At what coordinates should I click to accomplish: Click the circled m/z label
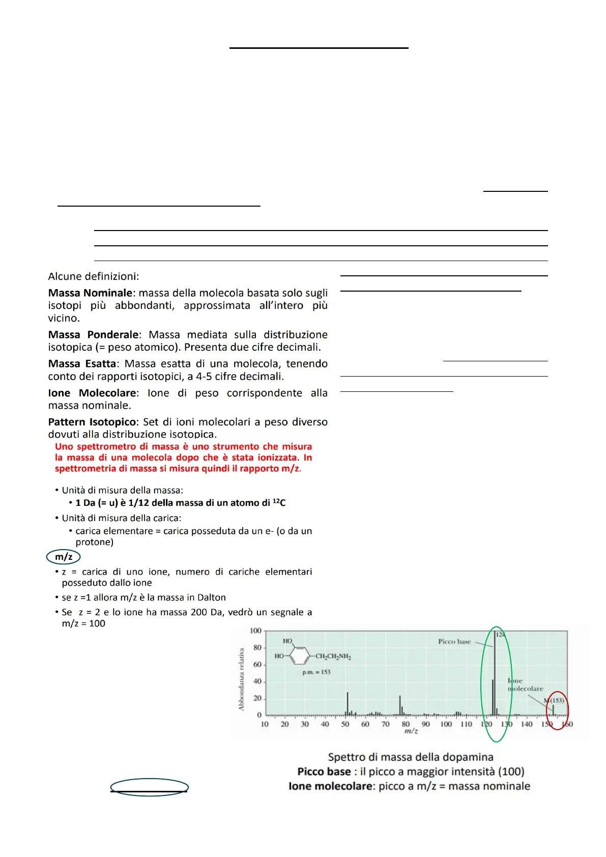pos(63,557)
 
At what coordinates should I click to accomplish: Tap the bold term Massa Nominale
pos(90,293)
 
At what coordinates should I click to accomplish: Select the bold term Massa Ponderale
pos(93,335)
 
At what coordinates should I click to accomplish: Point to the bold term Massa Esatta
pos(82,364)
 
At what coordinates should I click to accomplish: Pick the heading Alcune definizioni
pos(93,276)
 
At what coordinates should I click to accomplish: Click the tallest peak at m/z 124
pos(495,672)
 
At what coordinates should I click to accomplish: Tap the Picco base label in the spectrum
pos(454,642)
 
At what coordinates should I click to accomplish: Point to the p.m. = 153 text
pos(316,672)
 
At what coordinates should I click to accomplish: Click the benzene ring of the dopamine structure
pos(300,656)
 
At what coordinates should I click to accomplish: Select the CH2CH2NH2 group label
pos(333,656)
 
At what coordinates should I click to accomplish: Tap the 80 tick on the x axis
pos(406,724)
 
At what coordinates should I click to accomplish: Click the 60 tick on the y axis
pos(257,665)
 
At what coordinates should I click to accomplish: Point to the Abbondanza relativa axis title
pos(242,679)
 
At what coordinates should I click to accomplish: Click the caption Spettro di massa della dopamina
pos(410,757)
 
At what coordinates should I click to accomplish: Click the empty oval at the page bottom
pos(150,787)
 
